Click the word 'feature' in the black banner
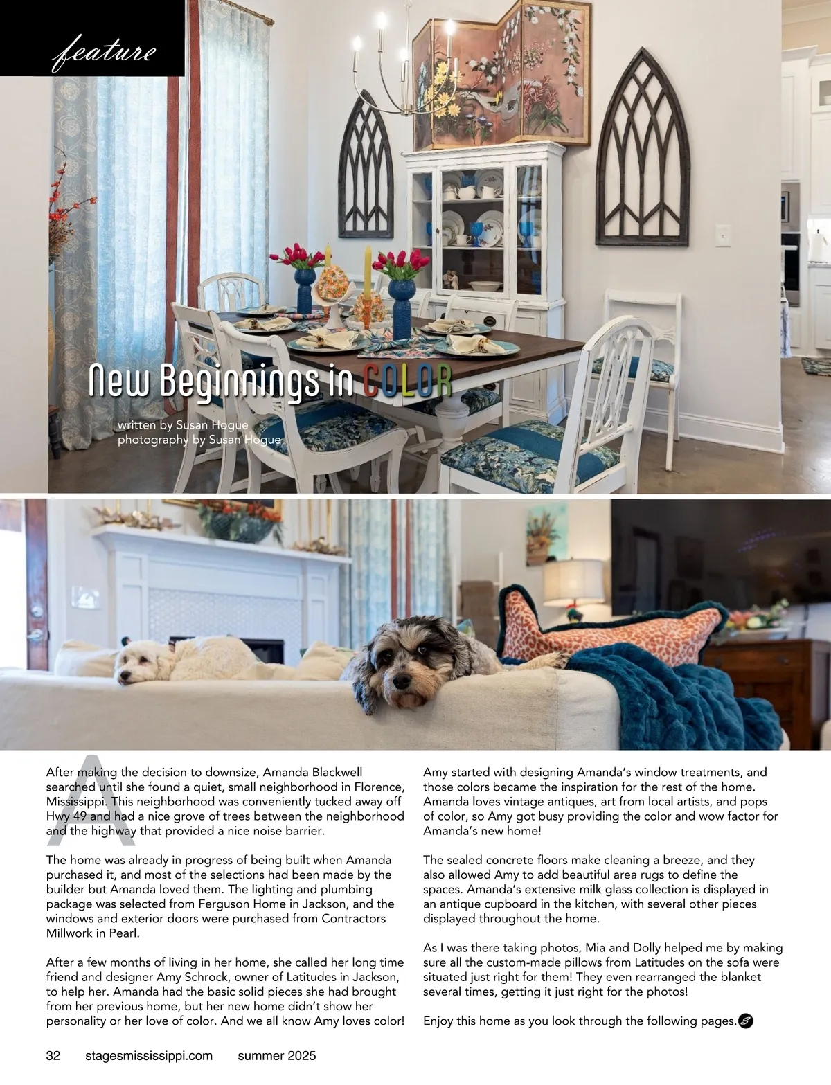[104, 52]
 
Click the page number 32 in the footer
[53, 1056]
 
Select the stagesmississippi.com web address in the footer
[148, 1056]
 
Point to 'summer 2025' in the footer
[276, 1056]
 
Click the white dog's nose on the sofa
[122, 676]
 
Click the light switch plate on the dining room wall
[723, 235]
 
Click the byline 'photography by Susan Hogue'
[199, 440]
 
